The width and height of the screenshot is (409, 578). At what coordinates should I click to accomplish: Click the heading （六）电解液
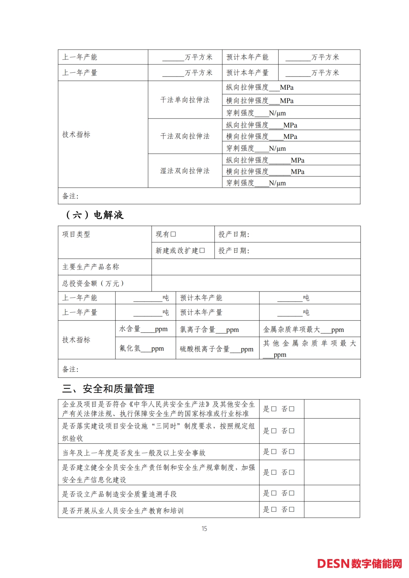(95, 215)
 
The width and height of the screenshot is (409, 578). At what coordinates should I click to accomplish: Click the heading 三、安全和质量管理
(108, 389)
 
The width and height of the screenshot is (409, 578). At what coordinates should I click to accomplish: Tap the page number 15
(204, 528)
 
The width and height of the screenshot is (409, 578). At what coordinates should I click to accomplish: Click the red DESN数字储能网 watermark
(359, 564)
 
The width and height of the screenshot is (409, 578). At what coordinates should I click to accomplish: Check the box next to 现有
(173, 234)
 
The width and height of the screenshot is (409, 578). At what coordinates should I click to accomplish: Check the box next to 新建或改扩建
(202, 251)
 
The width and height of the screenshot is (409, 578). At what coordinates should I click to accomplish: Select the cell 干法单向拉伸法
(185, 100)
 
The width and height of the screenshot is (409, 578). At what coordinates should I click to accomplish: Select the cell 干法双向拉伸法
(185, 136)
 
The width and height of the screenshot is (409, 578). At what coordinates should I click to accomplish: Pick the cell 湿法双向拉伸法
(185, 171)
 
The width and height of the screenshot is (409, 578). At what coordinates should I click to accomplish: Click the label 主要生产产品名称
(91, 267)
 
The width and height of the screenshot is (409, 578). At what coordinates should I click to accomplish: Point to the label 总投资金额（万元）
(93, 284)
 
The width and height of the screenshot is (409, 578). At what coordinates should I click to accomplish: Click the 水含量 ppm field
(147, 329)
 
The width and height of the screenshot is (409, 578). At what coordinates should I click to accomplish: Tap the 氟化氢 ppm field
(146, 349)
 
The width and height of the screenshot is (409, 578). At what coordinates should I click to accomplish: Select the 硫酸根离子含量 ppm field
(235, 349)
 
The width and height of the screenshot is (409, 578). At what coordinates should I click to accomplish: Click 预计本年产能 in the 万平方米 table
(247, 57)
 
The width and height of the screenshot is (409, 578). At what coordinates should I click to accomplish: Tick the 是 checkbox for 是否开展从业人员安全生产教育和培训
(274, 509)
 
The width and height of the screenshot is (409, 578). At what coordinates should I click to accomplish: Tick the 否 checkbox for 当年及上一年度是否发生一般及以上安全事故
(292, 452)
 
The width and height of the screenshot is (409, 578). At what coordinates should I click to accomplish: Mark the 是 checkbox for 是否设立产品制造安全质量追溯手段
(274, 493)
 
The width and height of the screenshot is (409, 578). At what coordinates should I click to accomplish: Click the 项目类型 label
(76, 234)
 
